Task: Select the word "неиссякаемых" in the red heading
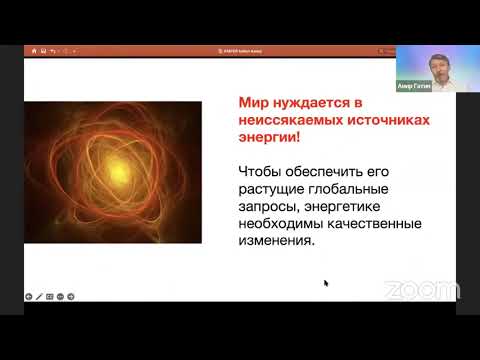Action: pos(296,120)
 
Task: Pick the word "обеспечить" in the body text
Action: pos(336,171)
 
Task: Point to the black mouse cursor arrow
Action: pos(326,283)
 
